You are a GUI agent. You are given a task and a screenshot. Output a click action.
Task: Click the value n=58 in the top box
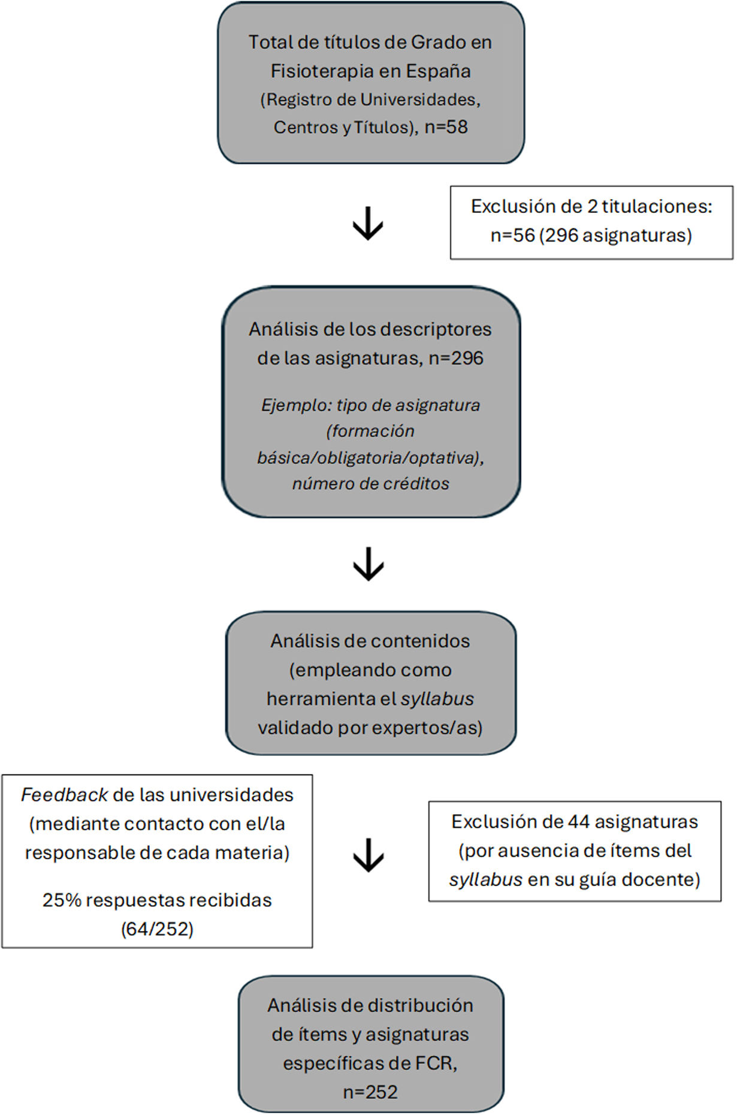click(x=446, y=127)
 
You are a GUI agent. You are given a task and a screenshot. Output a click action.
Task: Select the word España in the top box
click(x=439, y=71)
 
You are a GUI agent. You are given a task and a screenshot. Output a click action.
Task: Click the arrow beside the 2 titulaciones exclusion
click(x=368, y=224)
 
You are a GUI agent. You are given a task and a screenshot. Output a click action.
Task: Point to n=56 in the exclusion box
click(x=512, y=235)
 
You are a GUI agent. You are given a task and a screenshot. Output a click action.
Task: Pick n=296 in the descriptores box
click(x=456, y=358)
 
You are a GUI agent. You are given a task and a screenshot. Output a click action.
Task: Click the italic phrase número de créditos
click(x=370, y=483)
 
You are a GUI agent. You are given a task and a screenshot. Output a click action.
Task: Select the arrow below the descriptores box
click(x=368, y=563)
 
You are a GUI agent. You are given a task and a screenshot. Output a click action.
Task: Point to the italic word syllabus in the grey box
click(x=437, y=699)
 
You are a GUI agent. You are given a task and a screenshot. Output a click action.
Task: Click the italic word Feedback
click(x=64, y=795)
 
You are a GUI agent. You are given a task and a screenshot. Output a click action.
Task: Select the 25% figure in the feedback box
click(x=62, y=900)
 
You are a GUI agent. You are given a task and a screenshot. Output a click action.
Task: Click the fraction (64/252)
click(x=157, y=929)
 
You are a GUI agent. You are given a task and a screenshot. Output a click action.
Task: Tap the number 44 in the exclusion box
click(x=579, y=821)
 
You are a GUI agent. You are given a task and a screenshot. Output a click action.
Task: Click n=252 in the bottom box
click(x=370, y=1092)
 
